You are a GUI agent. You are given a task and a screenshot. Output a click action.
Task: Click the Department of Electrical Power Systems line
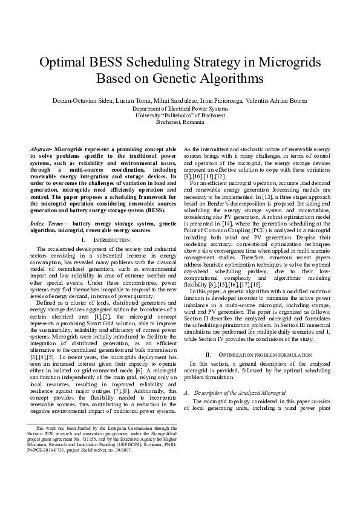tap(180, 108)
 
